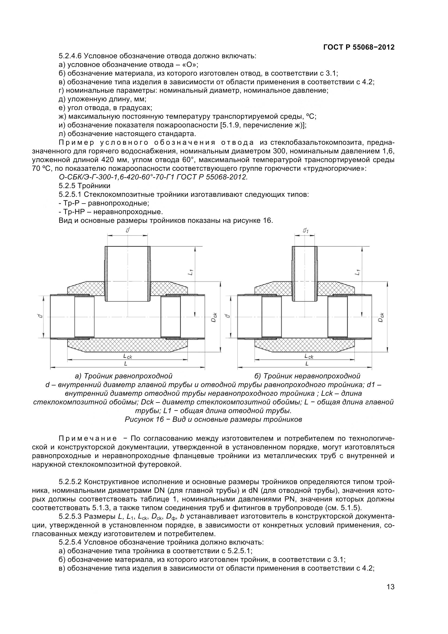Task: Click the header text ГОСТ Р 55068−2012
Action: [x=359, y=47]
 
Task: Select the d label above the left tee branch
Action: [x=128, y=230]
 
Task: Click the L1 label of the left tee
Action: [x=190, y=272]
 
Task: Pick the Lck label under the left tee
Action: [x=128, y=356]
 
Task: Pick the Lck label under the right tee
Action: [x=309, y=356]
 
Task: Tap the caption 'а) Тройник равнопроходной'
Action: [x=124, y=376]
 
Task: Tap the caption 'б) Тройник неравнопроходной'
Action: [x=307, y=376]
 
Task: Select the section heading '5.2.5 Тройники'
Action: [x=85, y=186]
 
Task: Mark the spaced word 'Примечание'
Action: [x=88, y=439]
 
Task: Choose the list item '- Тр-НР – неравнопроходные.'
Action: [x=111, y=212]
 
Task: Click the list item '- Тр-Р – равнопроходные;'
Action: [x=104, y=203]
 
